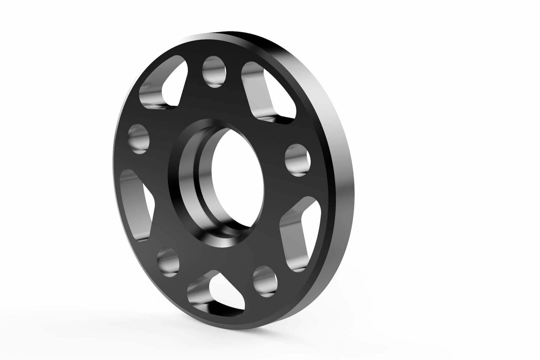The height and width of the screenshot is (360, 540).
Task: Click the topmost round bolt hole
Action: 215,71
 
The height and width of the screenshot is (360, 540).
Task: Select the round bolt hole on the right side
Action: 298,160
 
